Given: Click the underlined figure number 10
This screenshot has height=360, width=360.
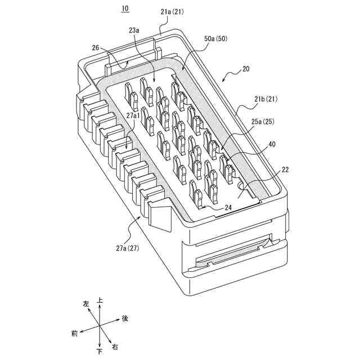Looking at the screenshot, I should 124,8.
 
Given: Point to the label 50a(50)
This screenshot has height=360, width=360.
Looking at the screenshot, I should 217,39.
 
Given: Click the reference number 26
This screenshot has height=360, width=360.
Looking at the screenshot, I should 96,48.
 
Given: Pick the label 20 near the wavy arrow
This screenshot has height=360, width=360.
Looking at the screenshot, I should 245,69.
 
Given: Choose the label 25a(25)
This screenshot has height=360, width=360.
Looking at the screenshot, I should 263,121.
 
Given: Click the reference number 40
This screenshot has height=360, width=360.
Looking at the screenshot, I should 272,145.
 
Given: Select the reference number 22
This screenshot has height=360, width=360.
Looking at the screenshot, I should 285,170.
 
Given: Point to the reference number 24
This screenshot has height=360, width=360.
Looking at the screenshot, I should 228,206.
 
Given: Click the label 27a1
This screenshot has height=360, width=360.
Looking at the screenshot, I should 134,115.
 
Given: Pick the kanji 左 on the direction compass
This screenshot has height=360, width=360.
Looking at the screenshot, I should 86,304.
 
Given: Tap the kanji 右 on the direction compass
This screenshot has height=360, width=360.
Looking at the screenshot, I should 115,344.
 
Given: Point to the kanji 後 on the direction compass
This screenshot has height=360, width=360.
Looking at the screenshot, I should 125,318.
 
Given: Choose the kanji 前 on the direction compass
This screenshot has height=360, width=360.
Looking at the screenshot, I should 75,333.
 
